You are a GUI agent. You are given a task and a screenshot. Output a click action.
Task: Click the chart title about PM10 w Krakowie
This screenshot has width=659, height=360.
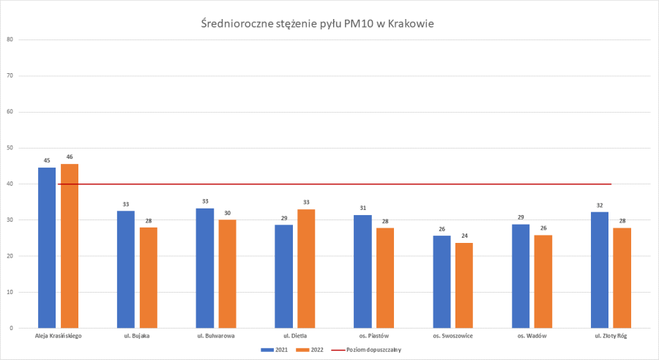click(x=317, y=24)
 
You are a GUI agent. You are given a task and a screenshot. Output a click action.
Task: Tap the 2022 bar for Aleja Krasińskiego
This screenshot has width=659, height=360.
click(x=70, y=246)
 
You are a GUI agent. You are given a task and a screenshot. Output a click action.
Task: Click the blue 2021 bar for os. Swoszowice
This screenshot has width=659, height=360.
click(x=442, y=282)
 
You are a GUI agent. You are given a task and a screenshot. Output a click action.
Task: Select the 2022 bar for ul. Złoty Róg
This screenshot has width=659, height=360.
click(x=622, y=278)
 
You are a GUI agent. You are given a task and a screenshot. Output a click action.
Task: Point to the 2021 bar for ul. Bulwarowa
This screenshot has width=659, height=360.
click(x=205, y=268)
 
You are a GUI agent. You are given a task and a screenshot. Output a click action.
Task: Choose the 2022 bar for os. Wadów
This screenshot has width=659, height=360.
click(x=543, y=282)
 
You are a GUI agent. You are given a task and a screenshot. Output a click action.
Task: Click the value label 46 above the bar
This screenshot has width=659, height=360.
click(x=70, y=157)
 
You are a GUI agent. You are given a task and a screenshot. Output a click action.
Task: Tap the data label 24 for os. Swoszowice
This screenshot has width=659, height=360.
click(x=464, y=236)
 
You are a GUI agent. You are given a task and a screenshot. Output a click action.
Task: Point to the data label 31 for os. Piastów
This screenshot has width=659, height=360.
click(x=362, y=209)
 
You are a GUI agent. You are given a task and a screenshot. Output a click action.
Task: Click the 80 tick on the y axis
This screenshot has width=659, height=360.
click(x=10, y=40)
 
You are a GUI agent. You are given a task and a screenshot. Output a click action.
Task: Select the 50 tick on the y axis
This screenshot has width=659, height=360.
click(x=10, y=148)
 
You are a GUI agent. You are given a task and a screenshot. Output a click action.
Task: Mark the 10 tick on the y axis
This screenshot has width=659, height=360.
click(x=10, y=292)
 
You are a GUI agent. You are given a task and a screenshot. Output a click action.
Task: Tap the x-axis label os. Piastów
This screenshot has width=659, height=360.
click(x=373, y=336)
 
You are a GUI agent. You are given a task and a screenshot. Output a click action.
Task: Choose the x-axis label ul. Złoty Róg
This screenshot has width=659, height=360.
click(x=611, y=336)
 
